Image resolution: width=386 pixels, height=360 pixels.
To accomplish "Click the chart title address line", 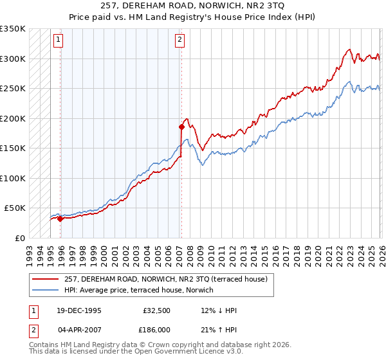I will tap(193, 6).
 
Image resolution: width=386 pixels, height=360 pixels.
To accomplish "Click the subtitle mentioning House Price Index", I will tap(193, 17).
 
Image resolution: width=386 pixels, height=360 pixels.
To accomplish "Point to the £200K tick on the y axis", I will tap(13, 118).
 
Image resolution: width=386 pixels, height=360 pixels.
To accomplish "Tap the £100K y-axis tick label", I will tap(13, 178).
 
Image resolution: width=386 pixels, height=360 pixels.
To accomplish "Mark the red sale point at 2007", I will tap(181, 127).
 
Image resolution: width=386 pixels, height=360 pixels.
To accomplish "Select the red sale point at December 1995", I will tap(60, 219).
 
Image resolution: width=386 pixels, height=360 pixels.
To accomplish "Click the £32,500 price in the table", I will tap(156, 310).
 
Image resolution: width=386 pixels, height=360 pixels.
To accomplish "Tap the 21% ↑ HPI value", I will tap(219, 329).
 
